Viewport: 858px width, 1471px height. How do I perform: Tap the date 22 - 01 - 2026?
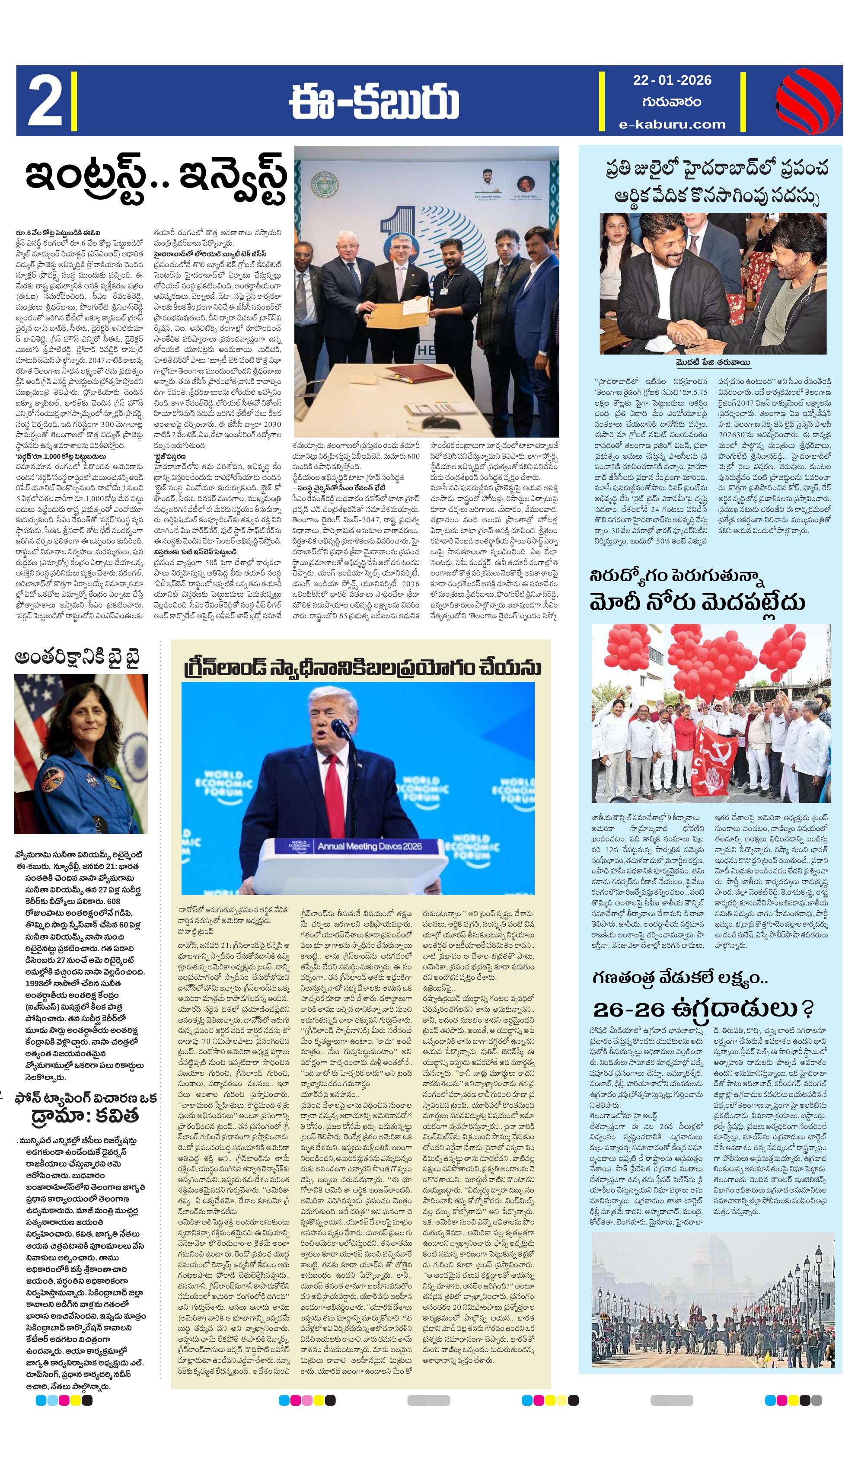click(672, 80)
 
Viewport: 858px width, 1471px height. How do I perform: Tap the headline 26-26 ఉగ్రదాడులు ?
click(703, 1008)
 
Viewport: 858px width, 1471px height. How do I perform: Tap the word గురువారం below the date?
click(672, 102)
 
